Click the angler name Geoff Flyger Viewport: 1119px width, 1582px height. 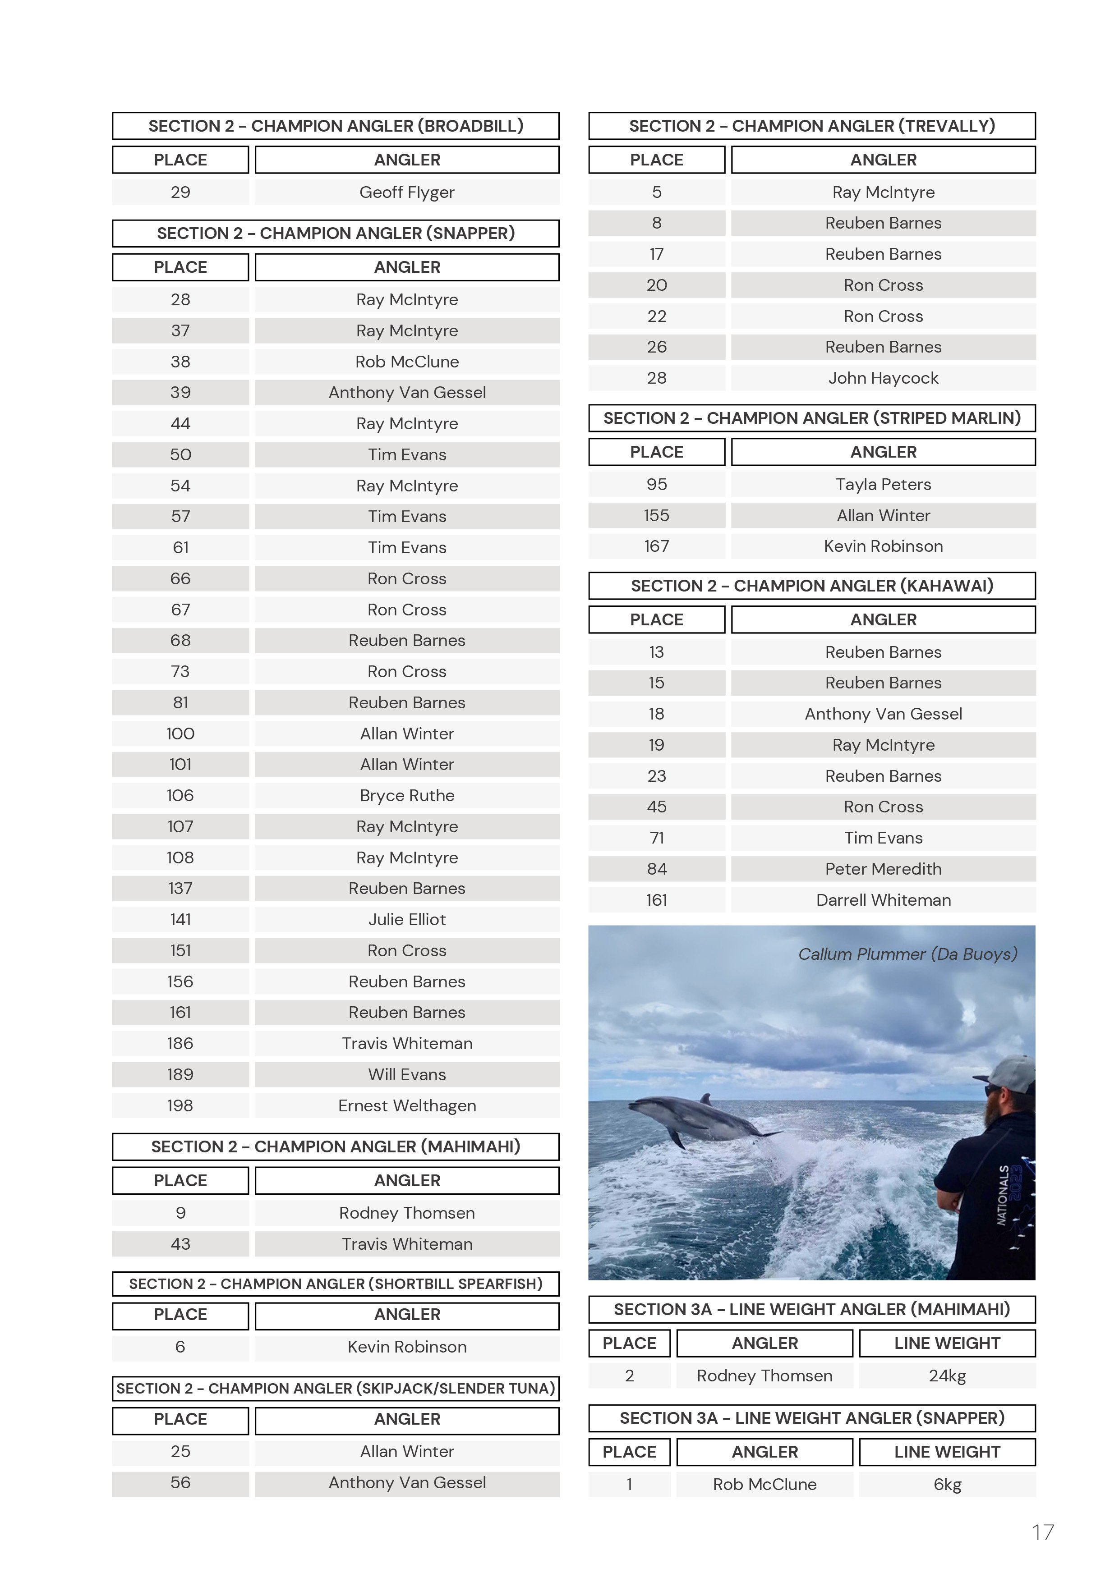(407, 192)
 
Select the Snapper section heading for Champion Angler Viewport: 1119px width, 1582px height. (336, 234)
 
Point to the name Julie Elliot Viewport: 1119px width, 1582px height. (407, 920)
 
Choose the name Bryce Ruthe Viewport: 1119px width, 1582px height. (407, 796)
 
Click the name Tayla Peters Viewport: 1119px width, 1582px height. (883, 484)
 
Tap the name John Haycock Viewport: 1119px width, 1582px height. (883, 378)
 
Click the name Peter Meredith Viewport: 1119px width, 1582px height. (883, 869)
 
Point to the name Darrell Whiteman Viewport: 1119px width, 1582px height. (883, 900)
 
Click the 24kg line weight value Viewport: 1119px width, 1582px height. (947, 1376)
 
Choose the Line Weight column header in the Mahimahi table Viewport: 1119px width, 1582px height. (947, 1344)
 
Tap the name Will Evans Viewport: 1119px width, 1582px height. (407, 1075)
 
